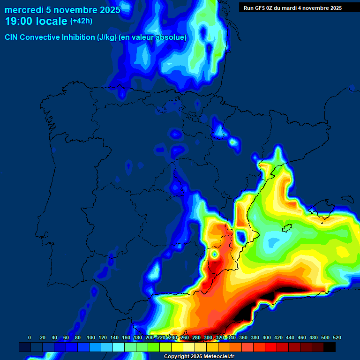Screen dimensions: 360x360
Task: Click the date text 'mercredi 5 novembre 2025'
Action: coord(62,10)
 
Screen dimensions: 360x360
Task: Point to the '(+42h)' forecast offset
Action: coord(81,21)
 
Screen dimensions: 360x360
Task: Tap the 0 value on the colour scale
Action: coord(30,337)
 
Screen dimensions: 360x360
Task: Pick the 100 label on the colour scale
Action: coord(91,337)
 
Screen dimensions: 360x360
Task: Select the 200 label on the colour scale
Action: coord(150,337)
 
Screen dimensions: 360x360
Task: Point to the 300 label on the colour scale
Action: coord(208,337)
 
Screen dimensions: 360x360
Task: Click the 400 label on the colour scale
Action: coord(267,337)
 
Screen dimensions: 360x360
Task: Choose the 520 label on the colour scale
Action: coord(337,337)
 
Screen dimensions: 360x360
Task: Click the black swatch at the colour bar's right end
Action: coord(330,347)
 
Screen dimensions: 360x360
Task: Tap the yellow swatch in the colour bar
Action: coord(177,347)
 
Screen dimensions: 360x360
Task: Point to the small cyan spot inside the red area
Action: coord(214,254)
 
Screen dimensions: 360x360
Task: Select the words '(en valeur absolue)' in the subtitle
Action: coord(155,37)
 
